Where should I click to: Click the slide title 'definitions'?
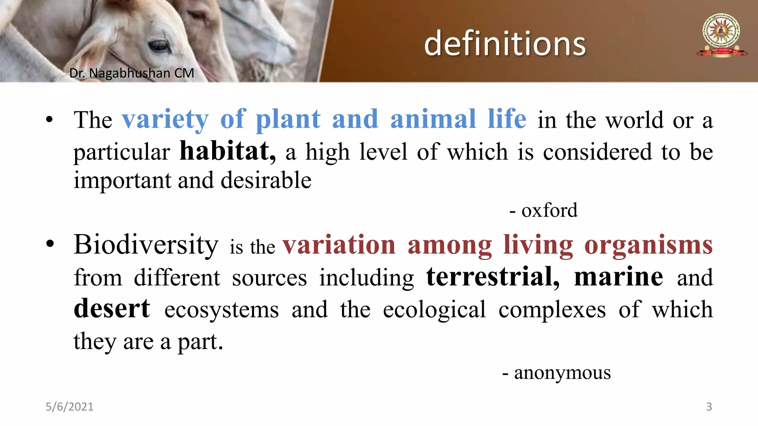point(505,44)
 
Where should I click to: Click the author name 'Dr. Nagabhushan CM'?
point(132,73)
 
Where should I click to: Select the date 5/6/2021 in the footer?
point(70,407)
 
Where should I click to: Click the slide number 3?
point(709,407)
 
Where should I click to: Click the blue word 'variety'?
point(165,119)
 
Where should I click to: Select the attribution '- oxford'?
point(543,210)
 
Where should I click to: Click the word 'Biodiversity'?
point(146,244)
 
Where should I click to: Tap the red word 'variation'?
point(339,245)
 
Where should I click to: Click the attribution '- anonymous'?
point(557,373)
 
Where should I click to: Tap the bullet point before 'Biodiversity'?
point(50,244)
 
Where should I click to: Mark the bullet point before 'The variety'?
point(50,120)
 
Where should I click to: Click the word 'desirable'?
point(266,180)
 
